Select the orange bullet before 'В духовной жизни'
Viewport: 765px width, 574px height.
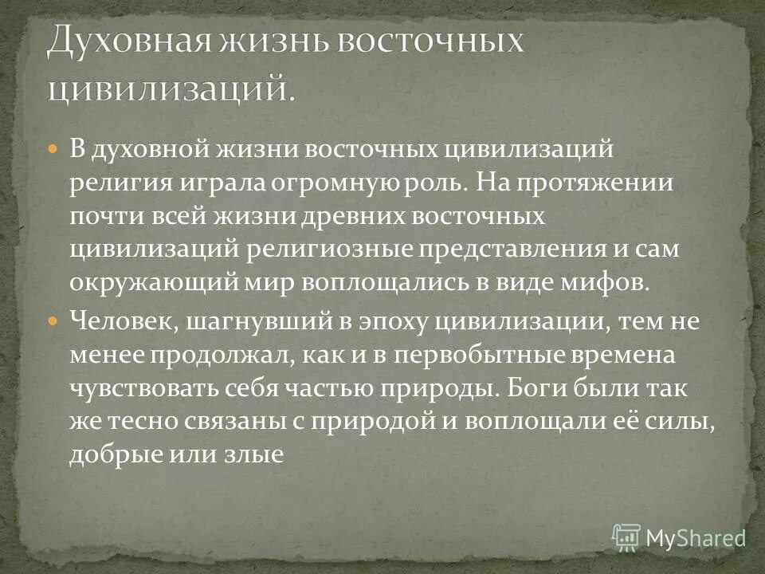point(53,149)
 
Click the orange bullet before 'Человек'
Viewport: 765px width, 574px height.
point(53,321)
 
